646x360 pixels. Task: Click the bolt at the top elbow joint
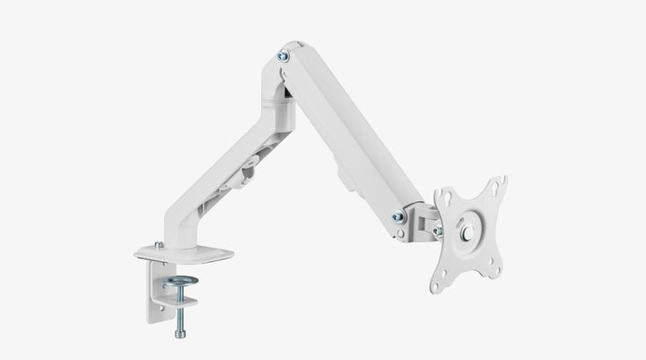pyautogui.click(x=284, y=56)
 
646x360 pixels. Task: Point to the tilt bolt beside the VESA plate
pyautogui.click(x=437, y=231)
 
